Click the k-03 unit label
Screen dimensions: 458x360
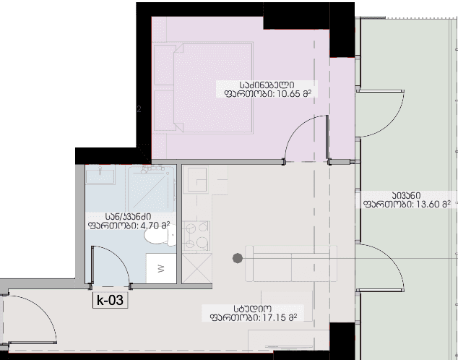110,300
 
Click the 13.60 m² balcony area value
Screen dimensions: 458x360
433,204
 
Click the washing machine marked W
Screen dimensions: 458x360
161,268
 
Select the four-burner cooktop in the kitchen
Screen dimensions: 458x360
196,236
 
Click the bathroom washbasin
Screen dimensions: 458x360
100,175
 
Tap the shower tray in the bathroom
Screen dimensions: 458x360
151,189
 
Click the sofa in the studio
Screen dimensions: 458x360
291,264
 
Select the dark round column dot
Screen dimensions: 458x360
238,258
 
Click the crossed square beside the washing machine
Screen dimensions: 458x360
197,268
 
